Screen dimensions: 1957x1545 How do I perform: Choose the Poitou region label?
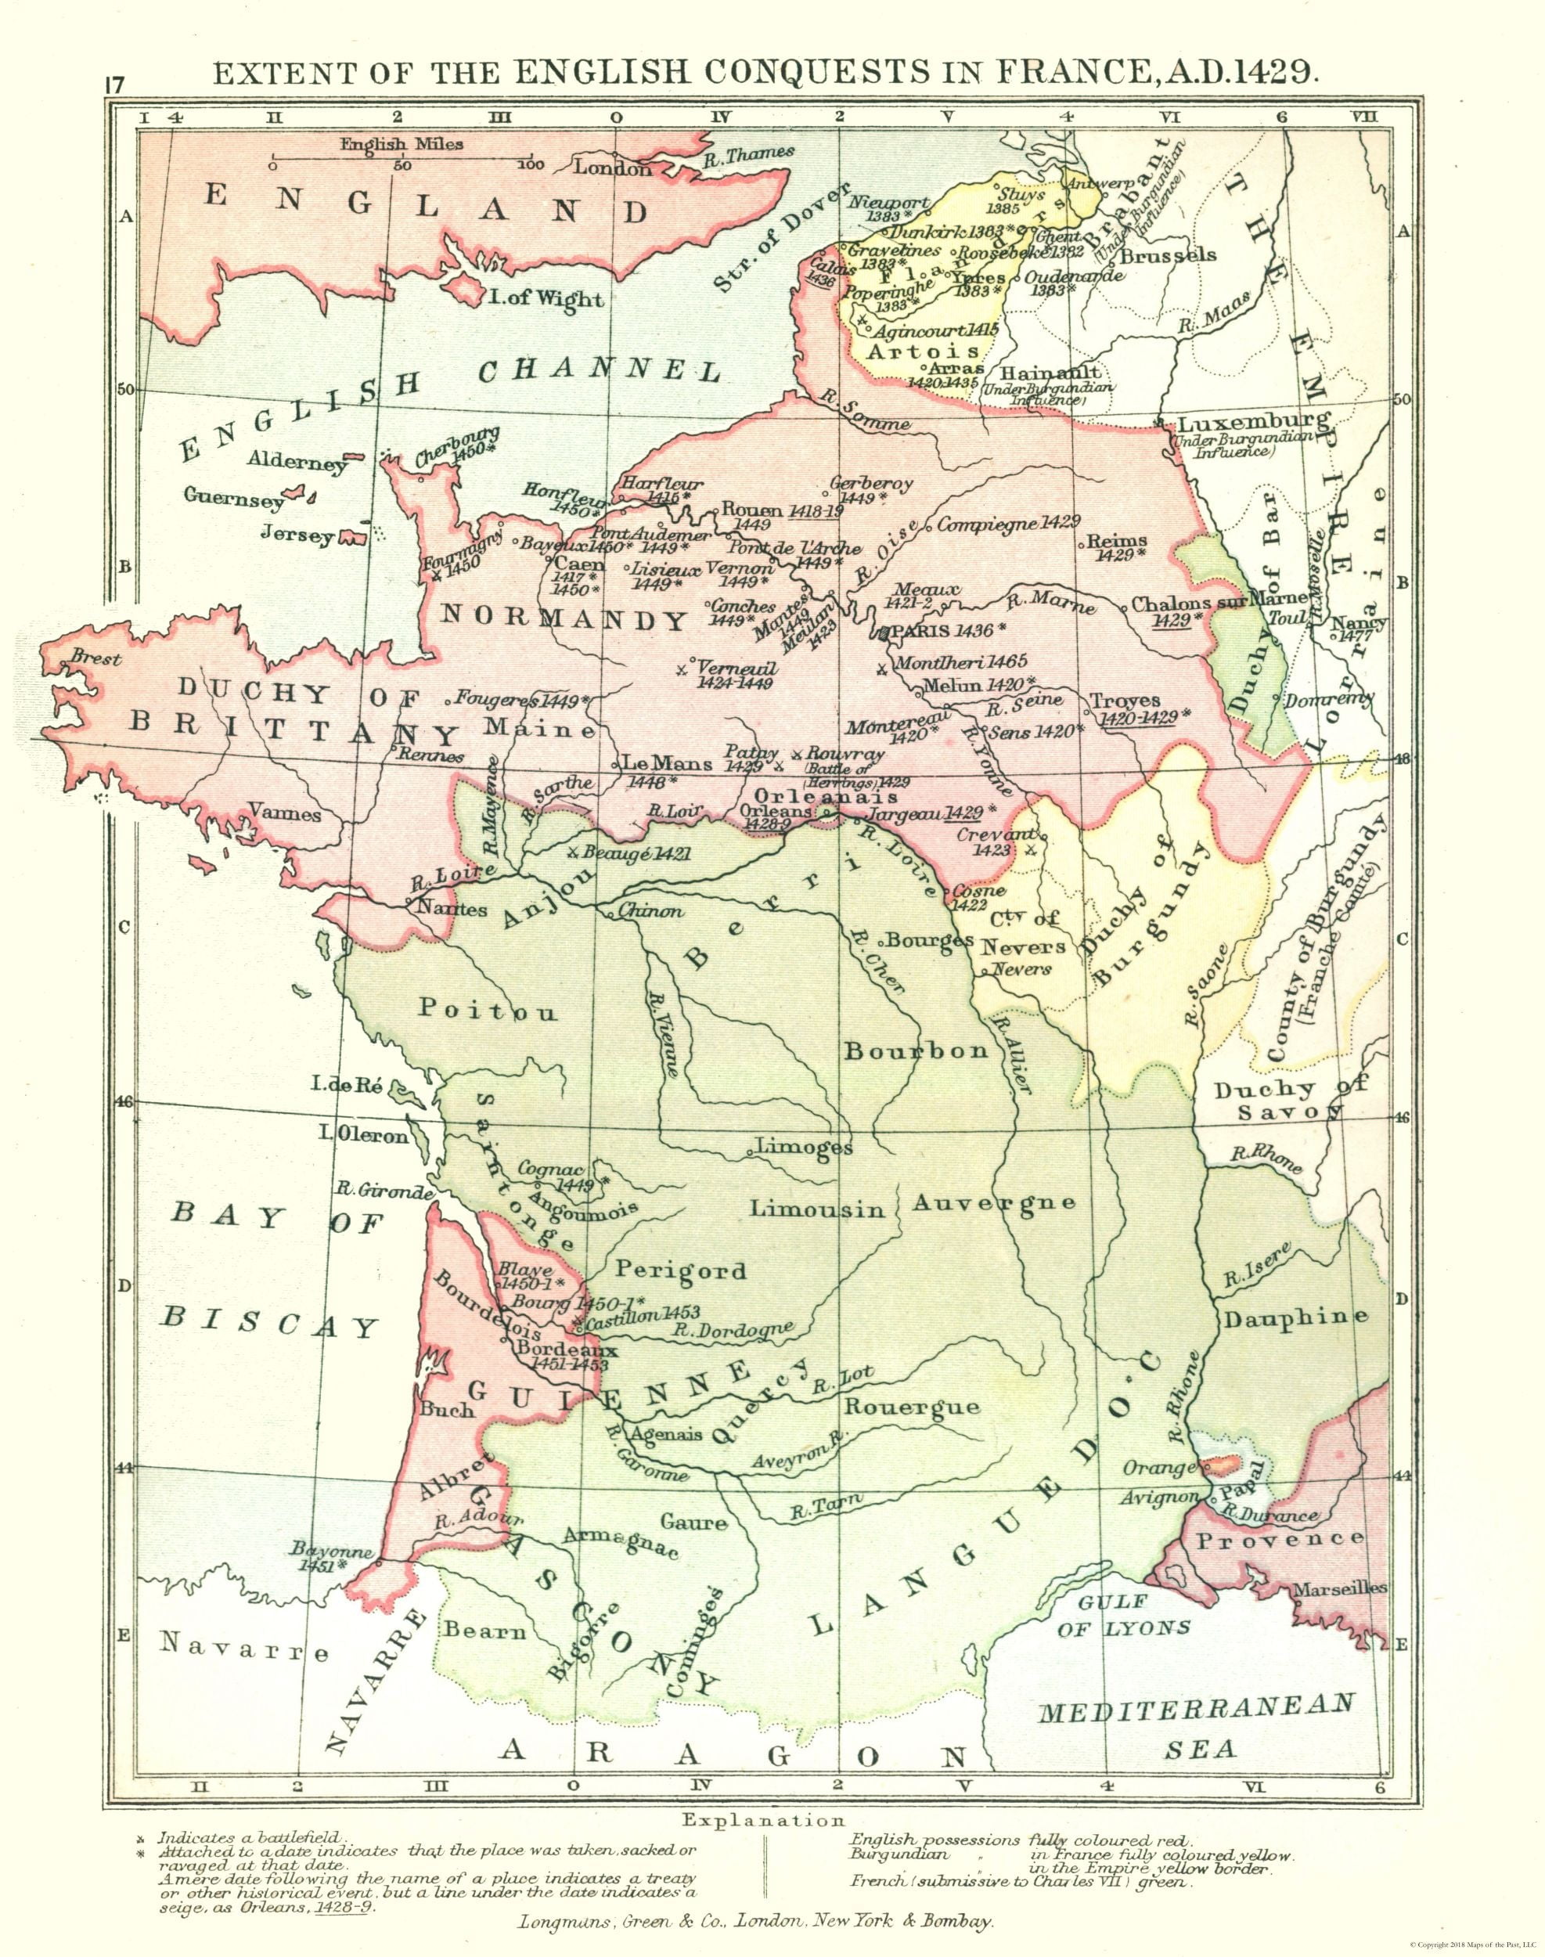click(488, 1010)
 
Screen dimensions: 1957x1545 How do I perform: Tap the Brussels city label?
click(1168, 255)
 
